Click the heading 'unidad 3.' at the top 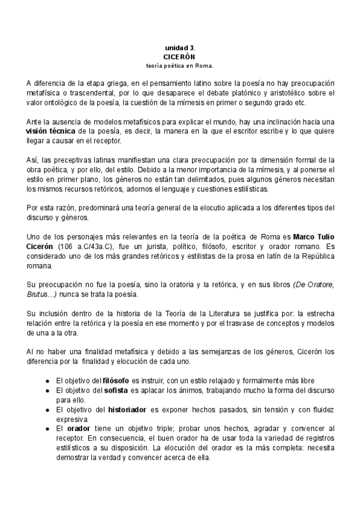(x=180, y=47)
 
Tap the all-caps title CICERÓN (x=179, y=55)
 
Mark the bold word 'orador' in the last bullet (x=79, y=429)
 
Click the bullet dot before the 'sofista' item (x=47, y=391)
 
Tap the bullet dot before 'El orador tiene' (x=47, y=429)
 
